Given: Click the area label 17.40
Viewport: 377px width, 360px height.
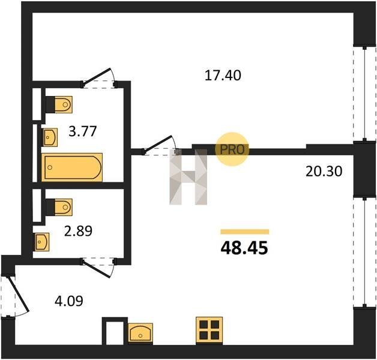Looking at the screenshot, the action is pos(223,75).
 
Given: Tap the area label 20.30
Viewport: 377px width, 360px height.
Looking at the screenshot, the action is pos(324,172).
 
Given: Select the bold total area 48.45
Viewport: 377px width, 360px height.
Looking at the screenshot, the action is pos(244,248).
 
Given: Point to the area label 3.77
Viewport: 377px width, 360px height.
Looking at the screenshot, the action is pos(82,131).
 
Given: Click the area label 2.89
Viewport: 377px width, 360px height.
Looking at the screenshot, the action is pos(78,231).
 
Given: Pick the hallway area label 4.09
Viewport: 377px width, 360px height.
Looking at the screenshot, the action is pos(69,301).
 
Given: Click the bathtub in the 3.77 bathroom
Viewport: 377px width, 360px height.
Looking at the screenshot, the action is pos(72,167).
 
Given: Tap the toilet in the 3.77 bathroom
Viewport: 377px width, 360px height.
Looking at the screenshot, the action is pos(59,104).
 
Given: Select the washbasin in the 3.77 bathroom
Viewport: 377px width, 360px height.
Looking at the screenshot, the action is pos(50,137).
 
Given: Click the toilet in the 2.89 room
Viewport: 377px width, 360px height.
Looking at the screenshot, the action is pos(59,207).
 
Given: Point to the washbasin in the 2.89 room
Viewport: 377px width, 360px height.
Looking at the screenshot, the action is pos(41,242).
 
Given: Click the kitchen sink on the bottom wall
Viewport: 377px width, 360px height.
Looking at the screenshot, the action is pos(140,332).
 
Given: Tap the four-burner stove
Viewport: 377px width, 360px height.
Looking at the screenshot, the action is pos(209,331).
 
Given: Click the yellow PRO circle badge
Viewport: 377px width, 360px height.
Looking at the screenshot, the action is pos(232,149).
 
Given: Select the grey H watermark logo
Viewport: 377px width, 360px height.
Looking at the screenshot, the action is pos(188,177).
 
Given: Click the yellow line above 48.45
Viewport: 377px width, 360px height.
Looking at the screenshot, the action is pos(245,232).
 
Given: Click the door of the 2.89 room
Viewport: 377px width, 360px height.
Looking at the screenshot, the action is pos(97,268).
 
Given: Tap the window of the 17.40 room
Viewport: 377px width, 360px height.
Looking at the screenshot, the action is pos(364,94).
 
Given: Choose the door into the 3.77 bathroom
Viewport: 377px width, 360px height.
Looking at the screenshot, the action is pos(98,78).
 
